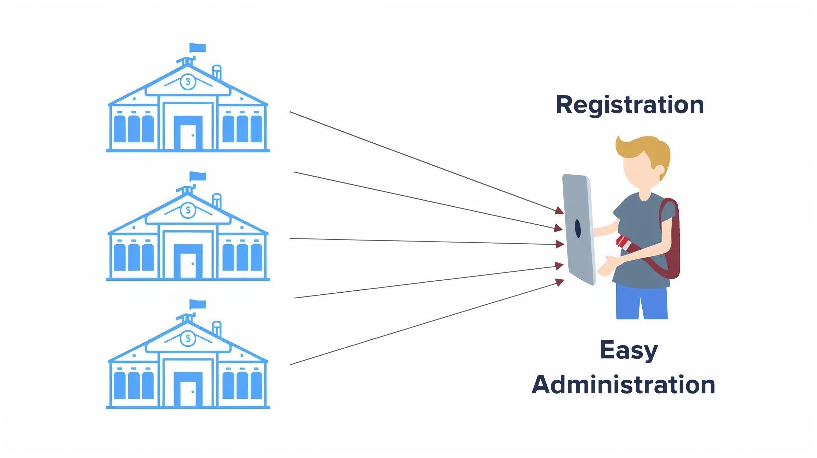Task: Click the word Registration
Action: pyautogui.click(x=630, y=105)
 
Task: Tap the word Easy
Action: pyautogui.click(x=629, y=351)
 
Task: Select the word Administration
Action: pyautogui.click(x=623, y=385)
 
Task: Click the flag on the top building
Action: pyautogui.click(x=198, y=48)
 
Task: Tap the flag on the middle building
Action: pyautogui.click(x=198, y=176)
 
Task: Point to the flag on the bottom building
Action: pyautogui.click(x=198, y=304)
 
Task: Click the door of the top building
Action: pyautogui.click(x=188, y=136)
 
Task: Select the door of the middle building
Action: pyautogui.click(x=188, y=265)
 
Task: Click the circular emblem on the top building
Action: pyautogui.click(x=188, y=82)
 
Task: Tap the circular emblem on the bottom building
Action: pyautogui.click(x=188, y=338)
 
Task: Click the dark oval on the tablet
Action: pyautogui.click(x=578, y=228)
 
